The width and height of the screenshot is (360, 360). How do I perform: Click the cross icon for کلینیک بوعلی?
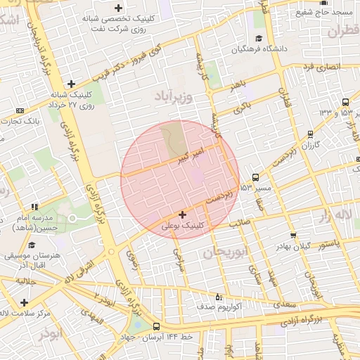point(183,214)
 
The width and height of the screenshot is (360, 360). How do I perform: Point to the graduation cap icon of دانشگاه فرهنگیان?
point(259,39)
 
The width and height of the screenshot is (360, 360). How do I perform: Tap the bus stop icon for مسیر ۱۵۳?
point(255,177)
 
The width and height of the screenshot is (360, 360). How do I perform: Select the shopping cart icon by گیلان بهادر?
point(293,236)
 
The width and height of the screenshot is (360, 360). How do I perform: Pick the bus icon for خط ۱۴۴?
point(156,327)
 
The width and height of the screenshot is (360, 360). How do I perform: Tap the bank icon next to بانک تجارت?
point(20,110)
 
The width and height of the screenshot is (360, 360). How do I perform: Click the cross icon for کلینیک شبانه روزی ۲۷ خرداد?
point(71,84)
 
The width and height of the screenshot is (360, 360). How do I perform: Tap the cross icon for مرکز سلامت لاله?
point(24,302)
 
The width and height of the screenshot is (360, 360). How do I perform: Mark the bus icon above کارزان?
point(311,134)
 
